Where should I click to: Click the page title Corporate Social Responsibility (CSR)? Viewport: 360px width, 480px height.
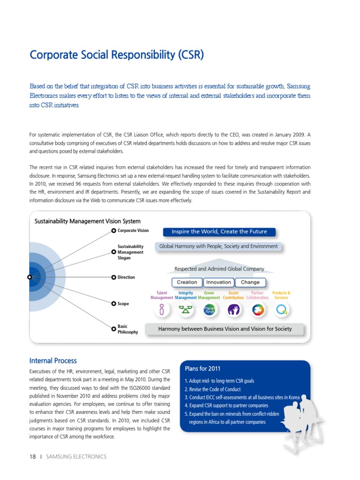click(x=117, y=55)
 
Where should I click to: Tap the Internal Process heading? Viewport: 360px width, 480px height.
click(x=53, y=360)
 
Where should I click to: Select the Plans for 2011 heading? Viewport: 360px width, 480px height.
click(x=202, y=368)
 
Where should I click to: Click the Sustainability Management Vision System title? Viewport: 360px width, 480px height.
click(x=87, y=221)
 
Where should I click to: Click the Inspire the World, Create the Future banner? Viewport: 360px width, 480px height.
click(x=219, y=232)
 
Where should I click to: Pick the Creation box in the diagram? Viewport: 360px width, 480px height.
click(x=187, y=282)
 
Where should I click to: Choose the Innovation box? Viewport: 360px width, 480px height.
click(x=219, y=282)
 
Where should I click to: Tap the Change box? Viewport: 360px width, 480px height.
click(x=250, y=282)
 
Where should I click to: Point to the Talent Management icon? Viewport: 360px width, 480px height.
click(x=162, y=309)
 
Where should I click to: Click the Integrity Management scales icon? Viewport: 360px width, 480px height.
click(x=186, y=309)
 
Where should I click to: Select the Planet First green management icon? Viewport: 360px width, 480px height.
click(x=209, y=309)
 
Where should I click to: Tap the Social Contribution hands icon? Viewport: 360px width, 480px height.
click(x=233, y=309)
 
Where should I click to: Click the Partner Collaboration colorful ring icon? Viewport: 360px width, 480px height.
click(x=258, y=309)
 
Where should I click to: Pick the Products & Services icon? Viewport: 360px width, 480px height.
click(x=282, y=309)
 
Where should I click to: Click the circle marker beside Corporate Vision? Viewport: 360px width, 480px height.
click(x=113, y=231)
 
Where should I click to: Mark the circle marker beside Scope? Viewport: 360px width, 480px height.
click(x=113, y=304)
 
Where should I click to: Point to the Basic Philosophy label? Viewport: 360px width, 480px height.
click(x=128, y=329)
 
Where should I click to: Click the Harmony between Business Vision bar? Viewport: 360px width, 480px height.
click(x=225, y=329)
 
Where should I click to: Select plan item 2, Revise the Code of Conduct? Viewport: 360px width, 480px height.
click(x=212, y=390)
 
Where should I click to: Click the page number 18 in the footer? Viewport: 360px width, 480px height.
click(x=33, y=457)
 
